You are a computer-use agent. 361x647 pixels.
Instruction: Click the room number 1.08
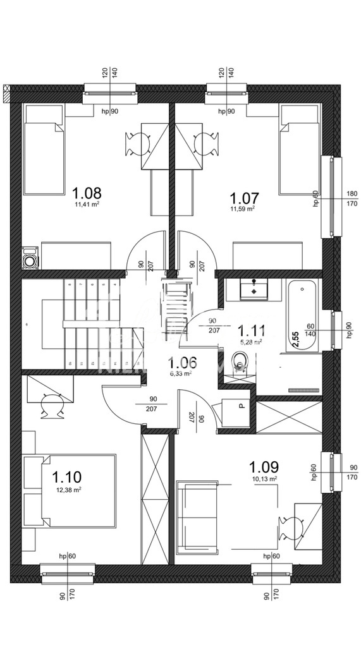(x=87, y=193)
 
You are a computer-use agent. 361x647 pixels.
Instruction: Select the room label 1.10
(x=66, y=477)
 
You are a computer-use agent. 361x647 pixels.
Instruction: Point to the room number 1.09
(x=264, y=468)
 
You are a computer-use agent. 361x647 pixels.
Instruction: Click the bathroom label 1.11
(x=252, y=330)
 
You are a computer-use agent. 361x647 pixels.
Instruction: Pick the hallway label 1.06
(x=182, y=363)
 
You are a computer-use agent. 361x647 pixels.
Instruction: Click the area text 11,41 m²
(x=87, y=205)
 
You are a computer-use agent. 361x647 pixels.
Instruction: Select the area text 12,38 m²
(x=66, y=489)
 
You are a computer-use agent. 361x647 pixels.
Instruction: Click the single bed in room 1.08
(x=44, y=152)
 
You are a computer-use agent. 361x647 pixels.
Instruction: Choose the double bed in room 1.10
(x=70, y=492)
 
